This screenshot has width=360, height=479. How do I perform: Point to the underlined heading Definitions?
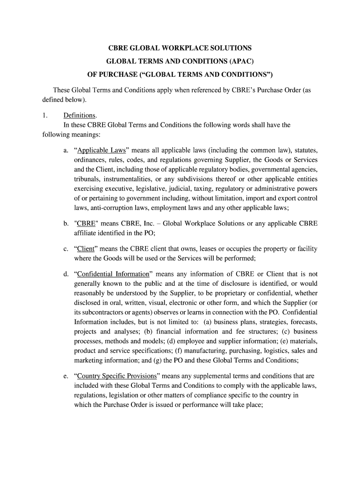point(79,115)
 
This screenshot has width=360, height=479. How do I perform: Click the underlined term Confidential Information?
point(113,274)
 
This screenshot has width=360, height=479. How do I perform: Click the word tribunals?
point(88,179)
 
